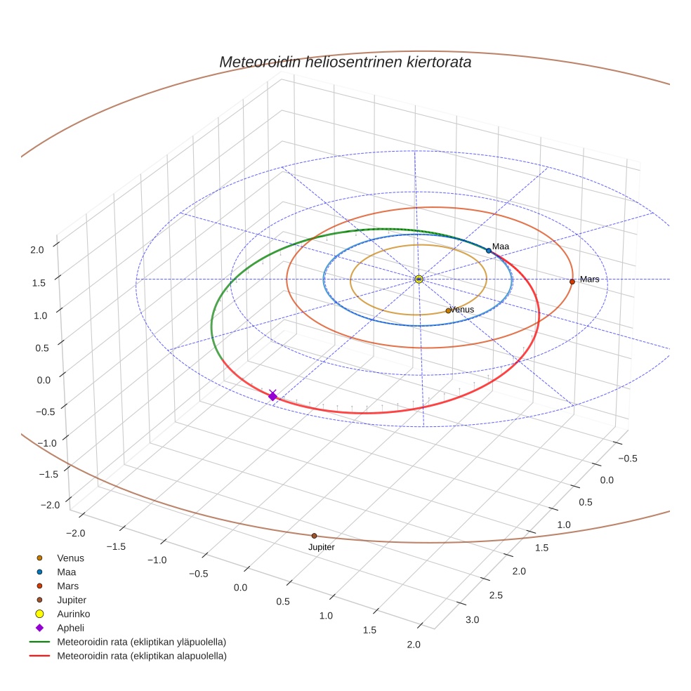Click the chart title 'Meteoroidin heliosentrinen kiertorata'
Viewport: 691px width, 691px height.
pos(345,62)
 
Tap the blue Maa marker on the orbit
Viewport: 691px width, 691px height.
pos(489,251)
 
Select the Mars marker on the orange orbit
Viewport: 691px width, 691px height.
pos(572,282)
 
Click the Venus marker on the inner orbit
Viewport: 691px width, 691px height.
pos(448,310)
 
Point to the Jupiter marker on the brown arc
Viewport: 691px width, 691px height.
pos(314,536)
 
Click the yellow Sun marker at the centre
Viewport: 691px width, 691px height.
pos(419,279)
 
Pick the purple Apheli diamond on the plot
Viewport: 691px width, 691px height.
pos(272,397)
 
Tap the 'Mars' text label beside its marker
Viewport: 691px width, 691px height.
pos(590,279)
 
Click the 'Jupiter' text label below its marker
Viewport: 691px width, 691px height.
pos(322,547)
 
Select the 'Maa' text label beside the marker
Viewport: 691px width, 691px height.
pos(501,246)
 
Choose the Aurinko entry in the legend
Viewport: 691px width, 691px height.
pos(73,614)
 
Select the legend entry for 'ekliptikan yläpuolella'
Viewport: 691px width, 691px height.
pos(141,642)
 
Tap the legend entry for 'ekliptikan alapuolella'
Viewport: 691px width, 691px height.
pos(141,656)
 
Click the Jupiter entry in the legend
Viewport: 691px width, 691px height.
pos(71,600)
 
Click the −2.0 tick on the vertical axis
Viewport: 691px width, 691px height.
pos(49,506)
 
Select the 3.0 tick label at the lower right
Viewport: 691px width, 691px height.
pos(472,619)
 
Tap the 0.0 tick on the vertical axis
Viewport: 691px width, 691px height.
pos(44,380)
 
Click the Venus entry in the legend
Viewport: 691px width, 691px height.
pos(70,558)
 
